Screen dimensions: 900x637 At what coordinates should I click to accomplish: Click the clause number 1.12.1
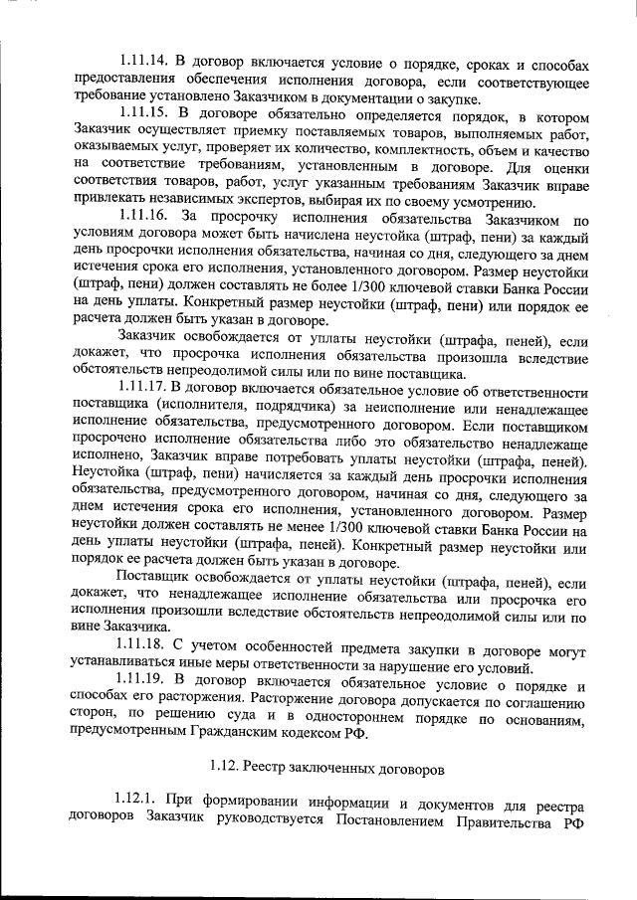click(x=137, y=803)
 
